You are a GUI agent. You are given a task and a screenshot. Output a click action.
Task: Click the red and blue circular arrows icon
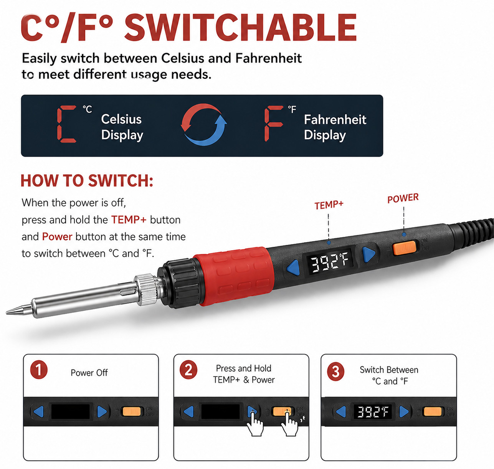204,124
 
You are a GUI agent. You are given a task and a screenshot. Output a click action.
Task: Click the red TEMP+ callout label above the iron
329,205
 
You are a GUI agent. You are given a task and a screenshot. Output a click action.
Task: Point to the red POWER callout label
403,198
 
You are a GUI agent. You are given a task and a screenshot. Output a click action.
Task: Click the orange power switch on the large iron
405,248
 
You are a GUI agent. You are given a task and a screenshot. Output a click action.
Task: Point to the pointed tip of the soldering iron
7,312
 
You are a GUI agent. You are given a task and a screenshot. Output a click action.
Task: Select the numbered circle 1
39,370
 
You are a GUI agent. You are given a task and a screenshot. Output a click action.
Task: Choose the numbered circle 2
188,370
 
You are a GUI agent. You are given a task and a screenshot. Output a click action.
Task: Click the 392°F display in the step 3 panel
373,412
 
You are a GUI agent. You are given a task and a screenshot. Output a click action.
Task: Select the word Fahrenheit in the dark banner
335,119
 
